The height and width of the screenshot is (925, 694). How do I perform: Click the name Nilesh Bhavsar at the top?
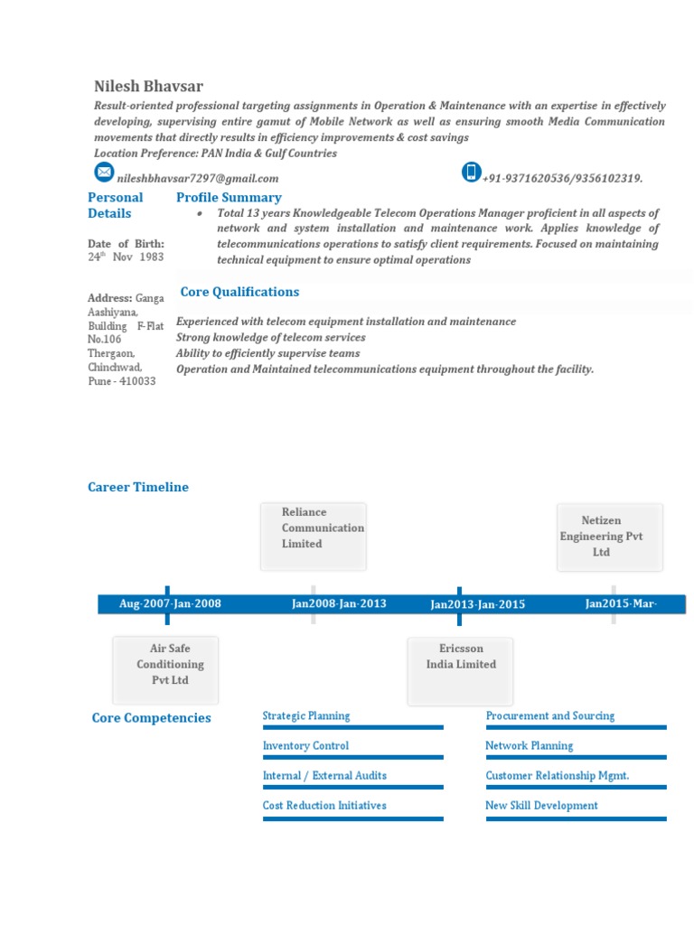tap(148, 87)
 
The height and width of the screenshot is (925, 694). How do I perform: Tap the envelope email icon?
tap(105, 172)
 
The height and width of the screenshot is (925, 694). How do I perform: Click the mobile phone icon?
tap(471, 172)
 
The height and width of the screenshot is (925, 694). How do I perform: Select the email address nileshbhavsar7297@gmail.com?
tap(198, 179)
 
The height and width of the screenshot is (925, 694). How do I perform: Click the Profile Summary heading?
tap(229, 197)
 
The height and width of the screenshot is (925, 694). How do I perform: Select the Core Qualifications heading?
tap(239, 292)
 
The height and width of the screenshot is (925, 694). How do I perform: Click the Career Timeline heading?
tap(138, 487)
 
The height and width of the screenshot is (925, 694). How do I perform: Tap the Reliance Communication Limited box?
tap(314, 537)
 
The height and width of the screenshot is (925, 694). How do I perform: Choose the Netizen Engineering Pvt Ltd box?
tap(610, 537)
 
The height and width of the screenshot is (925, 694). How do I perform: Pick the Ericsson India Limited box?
tap(461, 670)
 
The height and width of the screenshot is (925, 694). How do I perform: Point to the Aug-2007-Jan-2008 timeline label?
tap(170, 603)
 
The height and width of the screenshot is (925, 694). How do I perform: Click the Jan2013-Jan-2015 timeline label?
tap(477, 604)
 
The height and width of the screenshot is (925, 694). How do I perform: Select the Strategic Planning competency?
tap(306, 715)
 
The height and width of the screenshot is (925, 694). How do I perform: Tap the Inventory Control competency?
tap(305, 745)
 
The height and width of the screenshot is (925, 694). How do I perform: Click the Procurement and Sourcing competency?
tap(549, 715)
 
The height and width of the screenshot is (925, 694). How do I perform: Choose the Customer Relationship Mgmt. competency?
tap(557, 775)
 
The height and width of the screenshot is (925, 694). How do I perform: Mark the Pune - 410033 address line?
tap(122, 381)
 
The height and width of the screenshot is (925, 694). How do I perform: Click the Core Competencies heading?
tap(152, 718)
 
